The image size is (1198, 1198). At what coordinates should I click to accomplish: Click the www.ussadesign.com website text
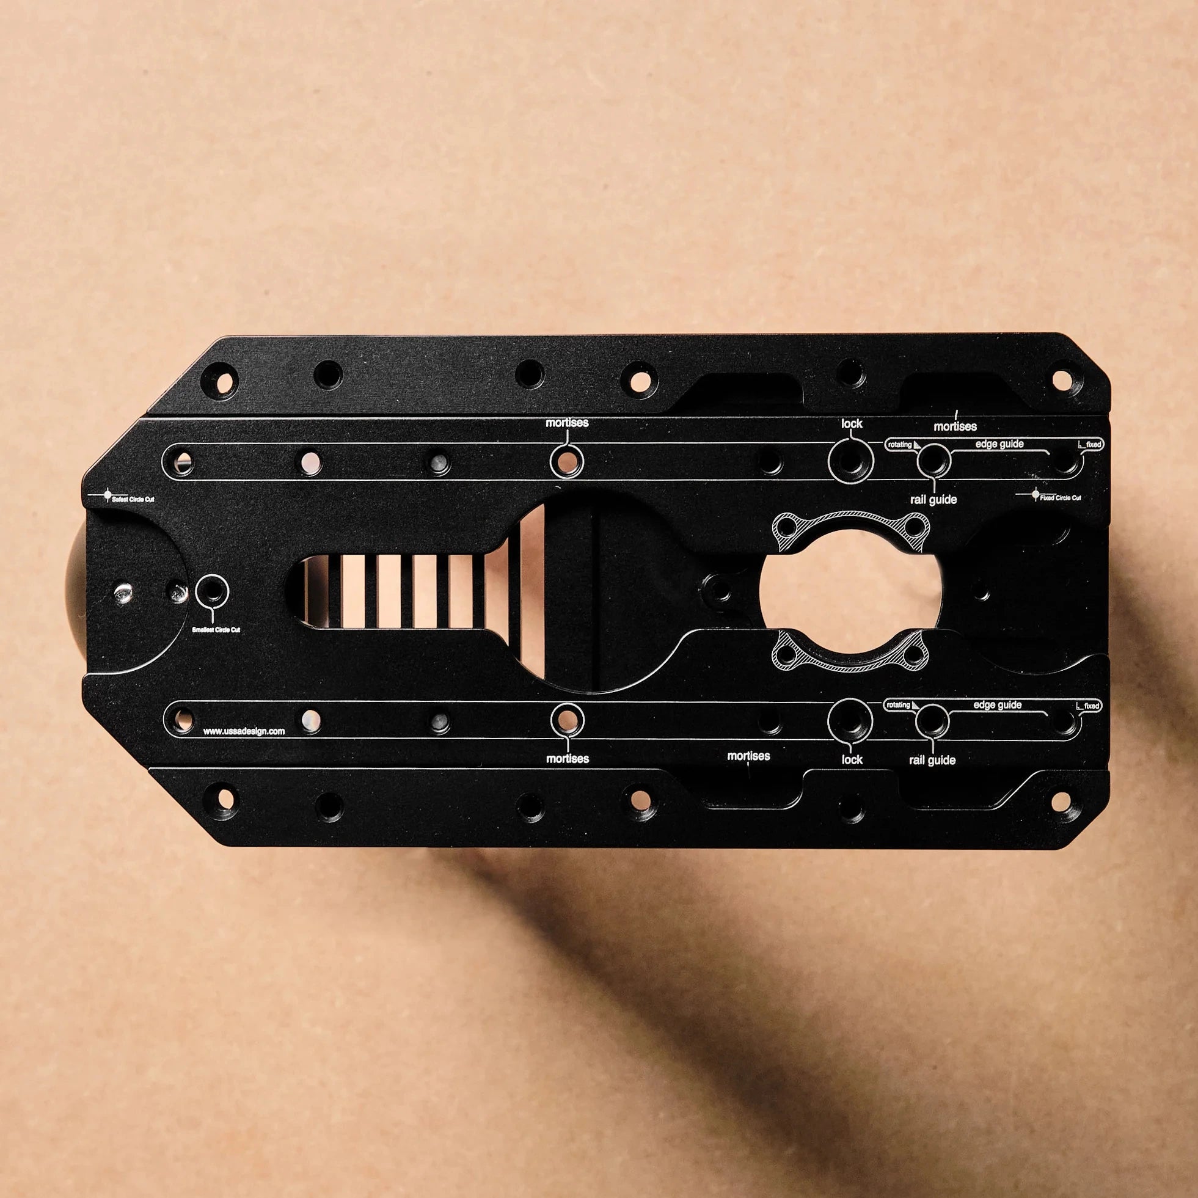coord(244,731)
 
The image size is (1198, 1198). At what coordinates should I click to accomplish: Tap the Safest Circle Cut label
coord(133,499)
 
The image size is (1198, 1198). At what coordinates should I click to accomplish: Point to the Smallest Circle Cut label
coord(216,629)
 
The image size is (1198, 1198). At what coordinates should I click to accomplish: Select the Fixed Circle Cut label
coord(1060,498)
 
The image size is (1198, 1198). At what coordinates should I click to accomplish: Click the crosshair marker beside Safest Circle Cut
coord(107,495)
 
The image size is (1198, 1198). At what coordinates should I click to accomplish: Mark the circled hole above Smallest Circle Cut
coord(212,592)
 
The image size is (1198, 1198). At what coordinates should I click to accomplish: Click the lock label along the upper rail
coord(852,423)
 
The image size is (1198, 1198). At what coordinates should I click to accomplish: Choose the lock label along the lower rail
coord(852,759)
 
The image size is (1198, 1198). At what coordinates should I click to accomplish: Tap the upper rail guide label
coord(933,500)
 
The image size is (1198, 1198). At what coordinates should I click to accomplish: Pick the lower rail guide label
coord(932,760)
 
